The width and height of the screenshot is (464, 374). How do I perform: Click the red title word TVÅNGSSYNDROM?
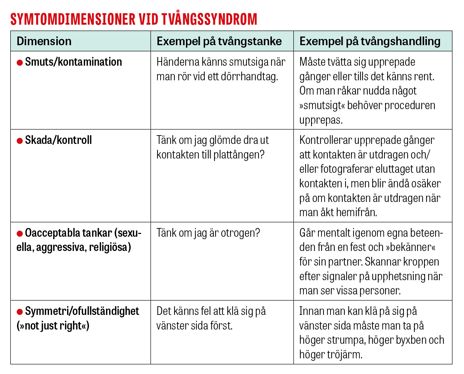pyautogui.click(x=208, y=19)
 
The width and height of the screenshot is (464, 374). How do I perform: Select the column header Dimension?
pyautogui.click(x=44, y=41)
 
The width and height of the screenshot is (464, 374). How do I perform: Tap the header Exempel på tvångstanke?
pyautogui.click(x=219, y=41)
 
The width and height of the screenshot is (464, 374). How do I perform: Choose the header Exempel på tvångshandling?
pyautogui.click(x=370, y=41)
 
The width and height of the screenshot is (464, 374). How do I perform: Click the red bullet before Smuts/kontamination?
pyautogui.click(x=20, y=63)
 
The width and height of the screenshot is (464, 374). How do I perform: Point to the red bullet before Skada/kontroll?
pyautogui.click(x=20, y=141)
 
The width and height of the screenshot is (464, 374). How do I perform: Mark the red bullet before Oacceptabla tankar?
pyautogui.click(x=20, y=234)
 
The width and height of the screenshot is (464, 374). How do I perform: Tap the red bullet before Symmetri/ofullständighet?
pyautogui.click(x=20, y=312)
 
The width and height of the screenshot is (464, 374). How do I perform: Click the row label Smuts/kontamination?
pyautogui.click(x=73, y=62)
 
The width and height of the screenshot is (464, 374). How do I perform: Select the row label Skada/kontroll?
pyautogui.click(x=58, y=140)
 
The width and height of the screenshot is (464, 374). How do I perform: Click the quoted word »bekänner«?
pyautogui.click(x=410, y=247)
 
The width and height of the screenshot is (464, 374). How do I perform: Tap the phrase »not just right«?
pyautogui.click(x=53, y=326)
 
